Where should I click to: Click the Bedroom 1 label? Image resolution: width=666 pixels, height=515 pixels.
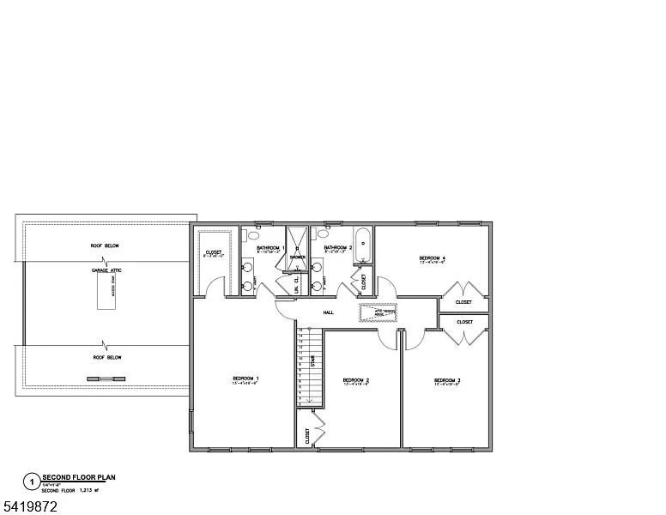click(245, 379)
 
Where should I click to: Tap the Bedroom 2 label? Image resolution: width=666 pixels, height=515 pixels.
click(355, 381)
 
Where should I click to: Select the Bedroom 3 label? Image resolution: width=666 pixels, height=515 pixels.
click(447, 381)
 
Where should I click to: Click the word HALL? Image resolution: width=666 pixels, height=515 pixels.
click(328, 312)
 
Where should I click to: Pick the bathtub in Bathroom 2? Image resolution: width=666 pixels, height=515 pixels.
click(362, 244)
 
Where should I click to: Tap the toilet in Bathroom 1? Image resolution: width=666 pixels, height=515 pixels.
click(255, 233)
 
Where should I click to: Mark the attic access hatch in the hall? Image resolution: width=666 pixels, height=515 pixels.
click(378, 313)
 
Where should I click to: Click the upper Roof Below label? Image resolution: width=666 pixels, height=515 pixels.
click(105, 246)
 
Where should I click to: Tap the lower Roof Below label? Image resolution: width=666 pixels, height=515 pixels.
click(106, 357)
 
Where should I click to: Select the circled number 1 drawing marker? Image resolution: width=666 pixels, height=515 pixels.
click(32, 482)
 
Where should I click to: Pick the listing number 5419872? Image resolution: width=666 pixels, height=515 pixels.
click(29, 507)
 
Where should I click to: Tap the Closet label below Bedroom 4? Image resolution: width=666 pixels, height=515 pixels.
click(463, 302)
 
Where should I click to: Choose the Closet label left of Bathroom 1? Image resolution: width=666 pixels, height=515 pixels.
click(213, 253)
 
